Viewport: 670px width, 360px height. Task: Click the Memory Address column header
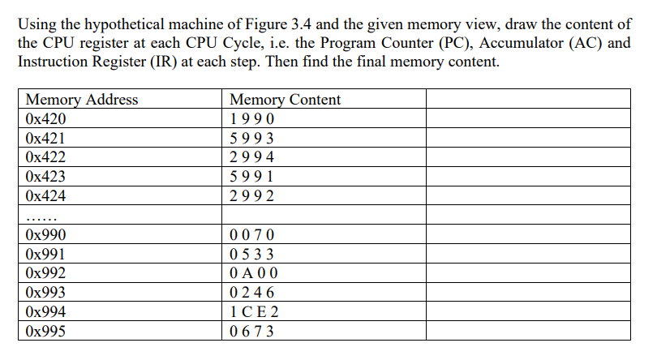click(x=82, y=100)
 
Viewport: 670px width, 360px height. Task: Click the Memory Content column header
click(x=286, y=100)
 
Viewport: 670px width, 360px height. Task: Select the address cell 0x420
click(x=45, y=119)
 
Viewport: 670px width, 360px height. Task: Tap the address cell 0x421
click(x=45, y=139)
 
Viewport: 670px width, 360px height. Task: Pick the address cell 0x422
click(x=45, y=157)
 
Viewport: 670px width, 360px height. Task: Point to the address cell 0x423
click(x=45, y=177)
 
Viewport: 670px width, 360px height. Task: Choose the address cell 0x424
click(x=45, y=196)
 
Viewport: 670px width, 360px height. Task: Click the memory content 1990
click(x=252, y=119)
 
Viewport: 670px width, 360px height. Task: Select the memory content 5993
click(x=252, y=139)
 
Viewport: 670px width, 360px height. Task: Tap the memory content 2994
click(x=252, y=157)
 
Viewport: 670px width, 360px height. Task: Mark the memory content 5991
click(x=252, y=177)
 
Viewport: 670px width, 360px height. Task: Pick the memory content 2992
click(x=252, y=196)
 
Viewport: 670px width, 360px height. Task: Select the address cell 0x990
click(x=45, y=235)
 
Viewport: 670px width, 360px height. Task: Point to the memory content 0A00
click(x=253, y=273)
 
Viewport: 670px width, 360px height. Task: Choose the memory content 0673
click(x=252, y=331)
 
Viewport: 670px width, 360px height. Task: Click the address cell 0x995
click(x=45, y=331)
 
